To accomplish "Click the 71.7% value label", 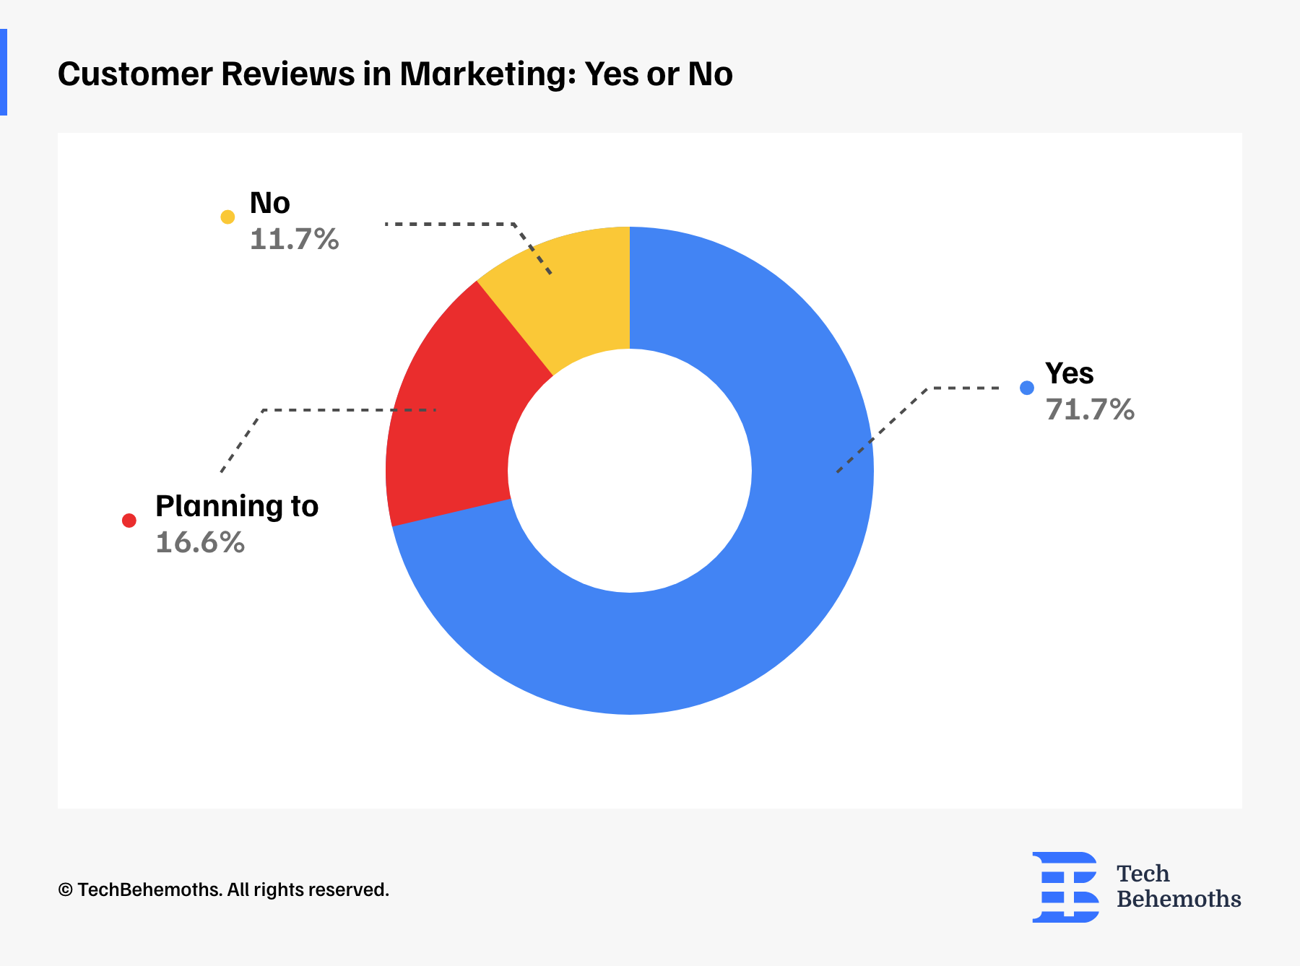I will click(x=1090, y=410).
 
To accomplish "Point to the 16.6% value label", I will click(x=200, y=543).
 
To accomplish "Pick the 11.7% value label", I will click(x=294, y=240).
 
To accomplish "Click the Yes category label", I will click(x=1069, y=374).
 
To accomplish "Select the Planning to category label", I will click(x=237, y=507).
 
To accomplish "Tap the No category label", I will click(x=269, y=204).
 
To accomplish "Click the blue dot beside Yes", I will click(x=1027, y=388).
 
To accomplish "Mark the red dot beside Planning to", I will click(x=129, y=521).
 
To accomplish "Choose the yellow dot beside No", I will click(x=227, y=217).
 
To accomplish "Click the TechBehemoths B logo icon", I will click(x=1065, y=887).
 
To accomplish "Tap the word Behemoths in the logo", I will click(x=1179, y=900).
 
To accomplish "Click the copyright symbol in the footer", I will click(x=65, y=890).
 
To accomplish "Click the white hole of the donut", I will click(x=630, y=471).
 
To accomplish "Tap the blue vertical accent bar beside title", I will click(x=4, y=72).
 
